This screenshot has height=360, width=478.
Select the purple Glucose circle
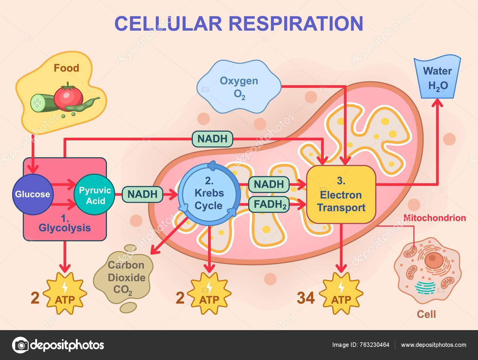(x=33, y=194)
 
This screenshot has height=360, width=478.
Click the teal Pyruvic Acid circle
(x=94, y=195)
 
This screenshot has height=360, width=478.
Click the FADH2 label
(x=269, y=205)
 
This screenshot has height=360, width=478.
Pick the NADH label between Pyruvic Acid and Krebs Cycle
(x=142, y=194)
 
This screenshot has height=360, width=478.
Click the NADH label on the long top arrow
(x=212, y=139)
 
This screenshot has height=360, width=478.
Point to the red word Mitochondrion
(x=434, y=218)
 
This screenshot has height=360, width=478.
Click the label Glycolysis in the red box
(x=65, y=228)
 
